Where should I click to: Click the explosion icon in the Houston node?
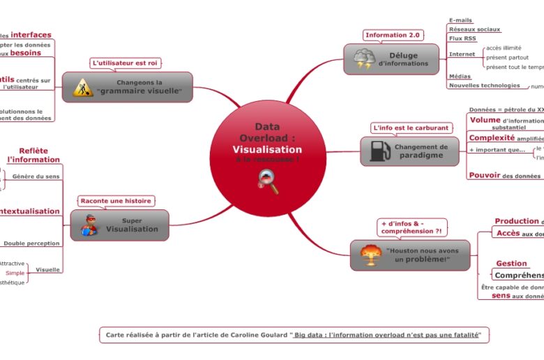click(x=370, y=255)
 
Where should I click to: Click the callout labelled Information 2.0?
click(x=393, y=35)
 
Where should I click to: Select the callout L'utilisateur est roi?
click(x=126, y=63)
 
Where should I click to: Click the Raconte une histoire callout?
click(x=116, y=201)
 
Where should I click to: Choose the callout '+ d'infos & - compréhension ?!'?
click(x=412, y=227)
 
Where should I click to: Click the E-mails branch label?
click(x=462, y=20)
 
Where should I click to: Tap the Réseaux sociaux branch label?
click(x=475, y=29)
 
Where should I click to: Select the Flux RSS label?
click(x=462, y=38)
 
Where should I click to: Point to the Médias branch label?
click(x=460, y=76)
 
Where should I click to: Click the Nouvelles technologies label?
click(x=484, y=85)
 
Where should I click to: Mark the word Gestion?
click(x=511, y=264)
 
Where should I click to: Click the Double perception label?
click(x=31, y=243)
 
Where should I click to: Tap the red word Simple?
click(x=15, y=273)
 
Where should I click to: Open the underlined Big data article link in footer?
click(x=386, y=335)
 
